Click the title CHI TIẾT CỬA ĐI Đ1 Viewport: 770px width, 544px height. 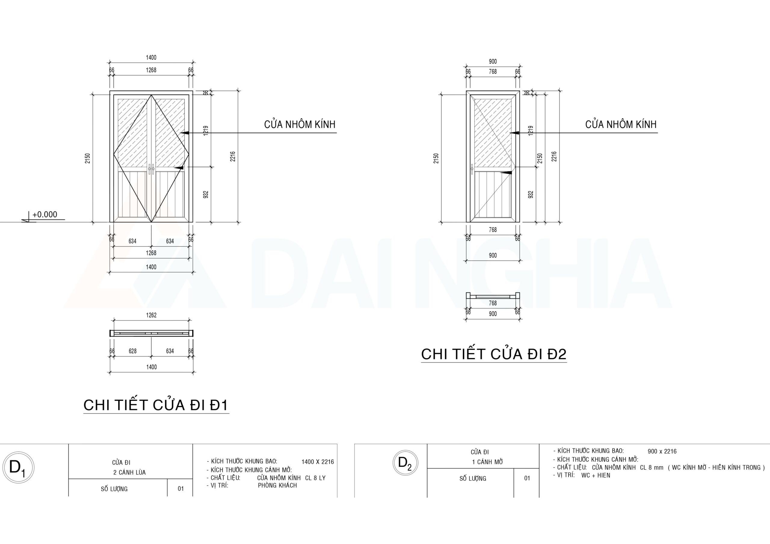(156, 405)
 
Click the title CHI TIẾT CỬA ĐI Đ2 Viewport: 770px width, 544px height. (494, 354)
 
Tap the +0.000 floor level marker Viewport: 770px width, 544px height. (45, 215)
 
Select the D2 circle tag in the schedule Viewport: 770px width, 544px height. (405, 463)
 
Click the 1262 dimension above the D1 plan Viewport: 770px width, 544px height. (151, 315)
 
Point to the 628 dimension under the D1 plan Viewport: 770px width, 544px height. (132, 351)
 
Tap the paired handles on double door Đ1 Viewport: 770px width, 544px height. (151, 169)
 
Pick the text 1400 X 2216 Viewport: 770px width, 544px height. (318, 462)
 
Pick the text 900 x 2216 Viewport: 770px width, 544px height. (662, 451)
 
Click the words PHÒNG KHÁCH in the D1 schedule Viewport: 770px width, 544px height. (277, 485)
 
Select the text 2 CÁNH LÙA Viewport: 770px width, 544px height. (129, 472)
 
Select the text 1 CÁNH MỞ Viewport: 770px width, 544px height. (488, 462)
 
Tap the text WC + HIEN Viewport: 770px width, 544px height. (596, 475)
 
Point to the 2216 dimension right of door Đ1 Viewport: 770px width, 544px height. (233, 157)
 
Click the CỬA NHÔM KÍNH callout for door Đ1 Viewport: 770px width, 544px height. (300, 124)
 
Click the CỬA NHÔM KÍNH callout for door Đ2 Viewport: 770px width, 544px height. (621, 124)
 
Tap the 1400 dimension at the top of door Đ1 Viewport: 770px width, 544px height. (151, 58)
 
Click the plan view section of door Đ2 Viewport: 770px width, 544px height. (493, 296)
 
